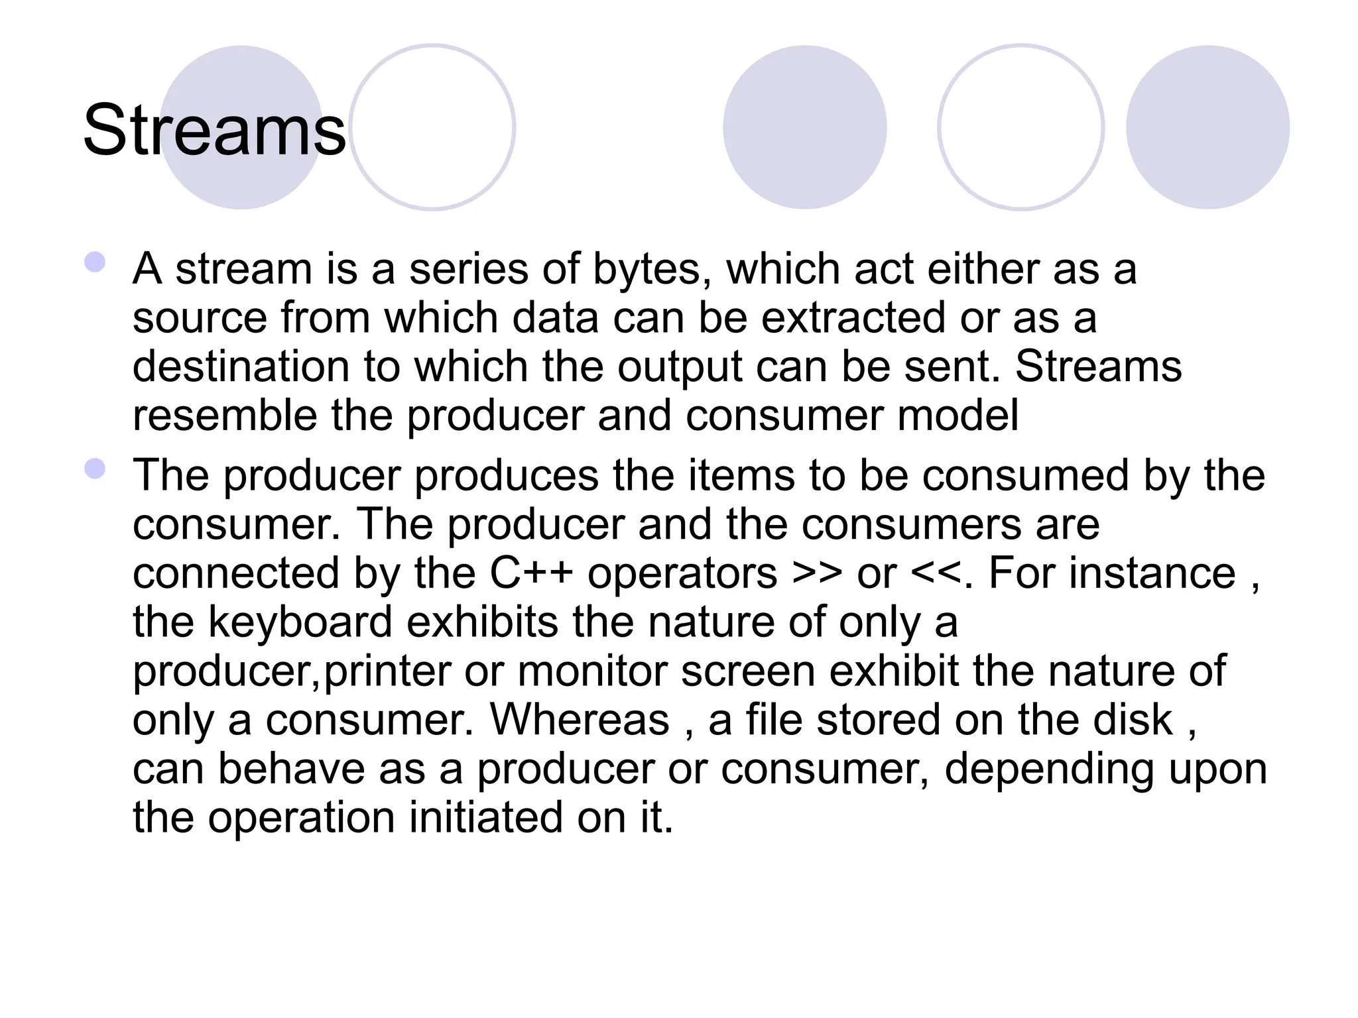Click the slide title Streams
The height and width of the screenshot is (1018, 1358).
click(x=214, y=131)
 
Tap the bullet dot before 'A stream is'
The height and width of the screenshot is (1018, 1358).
click(x=95, y=262)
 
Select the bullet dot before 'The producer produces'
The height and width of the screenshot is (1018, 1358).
click(x=95, y=469)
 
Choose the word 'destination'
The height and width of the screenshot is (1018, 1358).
click(x=241, y=367)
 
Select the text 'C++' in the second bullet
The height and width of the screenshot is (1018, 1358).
click(x=531, y=573)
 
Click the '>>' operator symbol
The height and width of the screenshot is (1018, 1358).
click(x=817, y=573)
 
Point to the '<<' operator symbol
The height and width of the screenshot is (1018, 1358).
click(x=936, y=573)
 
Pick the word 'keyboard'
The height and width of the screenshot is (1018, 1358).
click(x=301, y=622)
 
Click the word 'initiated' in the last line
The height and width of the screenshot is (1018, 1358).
click(x=485, y=817)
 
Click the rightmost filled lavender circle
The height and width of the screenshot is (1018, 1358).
click(x=1207, y=127)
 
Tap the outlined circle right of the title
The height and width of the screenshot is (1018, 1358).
click(x=432, y=127)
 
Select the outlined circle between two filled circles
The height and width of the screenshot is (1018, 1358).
click(x=1020, y=127)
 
